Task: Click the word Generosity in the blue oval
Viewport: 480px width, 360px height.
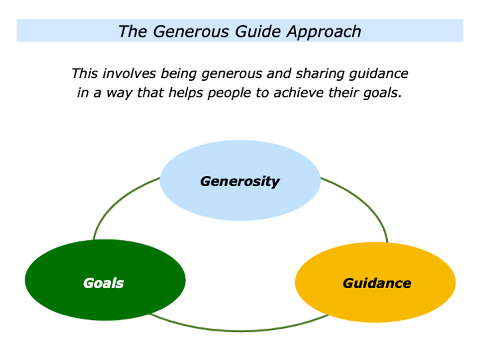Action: tap(240, 181)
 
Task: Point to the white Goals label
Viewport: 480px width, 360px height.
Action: tap(103, 283)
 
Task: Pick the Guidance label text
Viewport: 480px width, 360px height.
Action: tap(377, 283)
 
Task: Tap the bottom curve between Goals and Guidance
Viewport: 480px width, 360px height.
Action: tap(240, 330)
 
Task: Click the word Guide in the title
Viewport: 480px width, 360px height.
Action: tap(255, 31)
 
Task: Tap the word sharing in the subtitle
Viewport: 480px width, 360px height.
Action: tap(315, 73)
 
